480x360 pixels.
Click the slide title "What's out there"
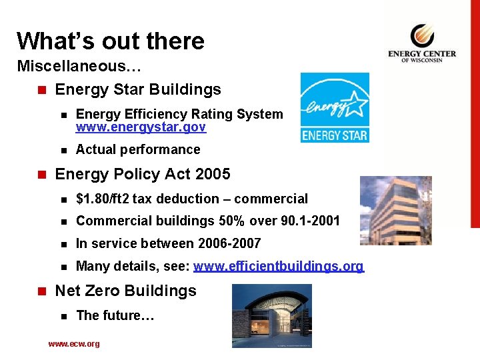[x=111, y=41]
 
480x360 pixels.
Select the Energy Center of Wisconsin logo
[x=422, y=43]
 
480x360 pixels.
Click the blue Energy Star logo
[x=334, y=107]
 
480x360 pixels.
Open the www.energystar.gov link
[x=141, y=127]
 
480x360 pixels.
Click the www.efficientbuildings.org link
[x=279, y=267]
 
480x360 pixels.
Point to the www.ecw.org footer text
[x=74, y=344]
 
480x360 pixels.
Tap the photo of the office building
[x=396, y=211]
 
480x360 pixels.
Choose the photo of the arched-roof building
[x=271, y=315]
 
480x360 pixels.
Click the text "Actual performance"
[x=138, y=149]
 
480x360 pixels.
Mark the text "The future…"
[x=115, y=315]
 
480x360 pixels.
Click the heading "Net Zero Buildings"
[x=125, y=291]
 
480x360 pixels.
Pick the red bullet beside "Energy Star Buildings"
[x=42, y=90]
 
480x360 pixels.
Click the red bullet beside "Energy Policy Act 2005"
[x=42, y=175]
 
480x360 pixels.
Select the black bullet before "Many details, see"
[x=63, y=267]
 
